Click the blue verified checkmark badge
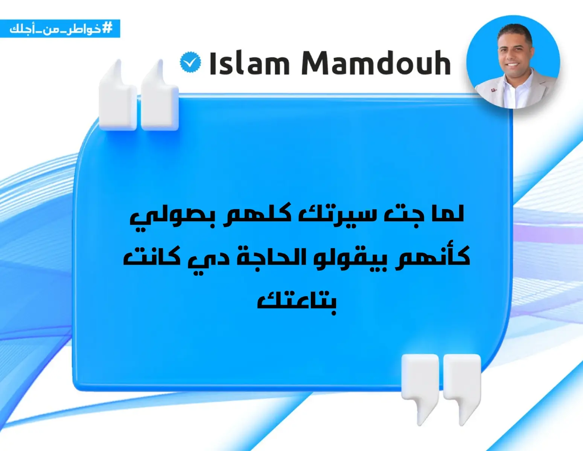point(190,62)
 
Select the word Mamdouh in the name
point(376,64)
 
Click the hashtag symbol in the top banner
point(108,28)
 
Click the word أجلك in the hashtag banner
point(21,29)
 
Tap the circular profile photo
point(513,62)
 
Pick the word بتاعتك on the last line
point(297,301)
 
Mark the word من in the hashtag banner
point(50,29)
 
